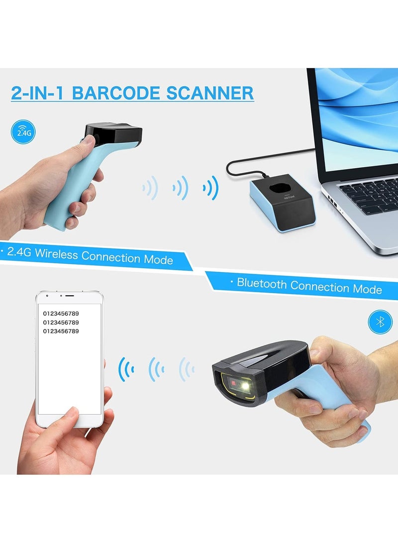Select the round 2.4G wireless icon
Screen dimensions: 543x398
click(x=23, y=132)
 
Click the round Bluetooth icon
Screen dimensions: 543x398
click(x=380, y=322)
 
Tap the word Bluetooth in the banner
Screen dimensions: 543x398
click(x=262, y=284)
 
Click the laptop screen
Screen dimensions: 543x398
click(x=358, y=114)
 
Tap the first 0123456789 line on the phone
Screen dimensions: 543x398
click(x=61, y=314)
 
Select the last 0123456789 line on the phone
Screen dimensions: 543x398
click(x=61, y=331)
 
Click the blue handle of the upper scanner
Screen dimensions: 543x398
click(x=70, y=189)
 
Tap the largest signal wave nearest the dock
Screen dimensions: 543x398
click(x=211, y=188)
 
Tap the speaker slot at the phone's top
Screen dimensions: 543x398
click(x=70, y=296)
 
